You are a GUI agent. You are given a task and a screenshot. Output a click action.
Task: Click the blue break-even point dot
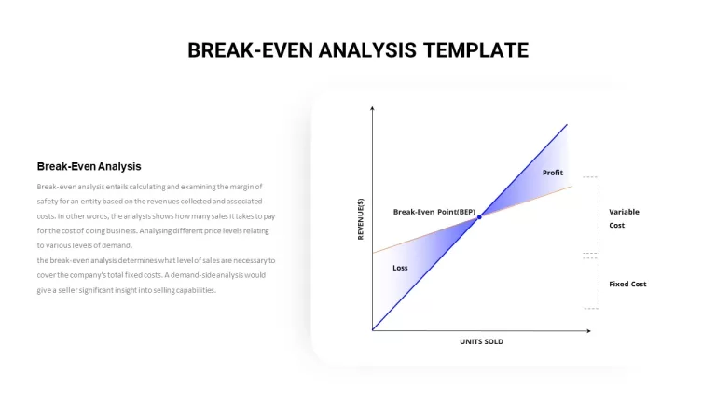coord(479,217)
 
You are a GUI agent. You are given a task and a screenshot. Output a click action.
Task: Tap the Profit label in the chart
coord(553,173)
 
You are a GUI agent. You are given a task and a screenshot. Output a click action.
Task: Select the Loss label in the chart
coord(400,268)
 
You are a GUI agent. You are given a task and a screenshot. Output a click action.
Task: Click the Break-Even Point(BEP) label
coord(434,212)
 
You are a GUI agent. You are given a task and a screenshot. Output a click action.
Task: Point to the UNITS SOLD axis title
coord(481,341)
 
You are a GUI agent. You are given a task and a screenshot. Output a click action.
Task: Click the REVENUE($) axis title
coord(361,219)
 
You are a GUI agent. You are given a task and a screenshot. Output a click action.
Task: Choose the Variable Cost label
coord(624,218)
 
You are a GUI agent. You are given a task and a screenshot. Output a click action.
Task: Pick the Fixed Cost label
coord(627,285)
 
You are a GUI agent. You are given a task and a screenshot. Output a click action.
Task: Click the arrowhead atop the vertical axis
coord(372,108)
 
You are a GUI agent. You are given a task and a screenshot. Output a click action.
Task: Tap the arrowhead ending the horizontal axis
coord(588,331)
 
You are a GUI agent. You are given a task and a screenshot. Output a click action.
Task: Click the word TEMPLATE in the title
coord(475,50)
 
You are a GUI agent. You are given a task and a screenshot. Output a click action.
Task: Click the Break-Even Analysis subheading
coord(89,166)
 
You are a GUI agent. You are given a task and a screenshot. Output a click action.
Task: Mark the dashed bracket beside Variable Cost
coord(599,215)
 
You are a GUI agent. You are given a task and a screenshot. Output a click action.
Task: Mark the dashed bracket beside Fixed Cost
coord(599,284)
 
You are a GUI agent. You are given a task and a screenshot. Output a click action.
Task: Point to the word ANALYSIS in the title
coord(367,50)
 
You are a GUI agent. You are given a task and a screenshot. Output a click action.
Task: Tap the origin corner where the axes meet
coord(373,330)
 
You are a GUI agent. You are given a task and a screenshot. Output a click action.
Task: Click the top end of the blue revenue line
coord(567,124)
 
